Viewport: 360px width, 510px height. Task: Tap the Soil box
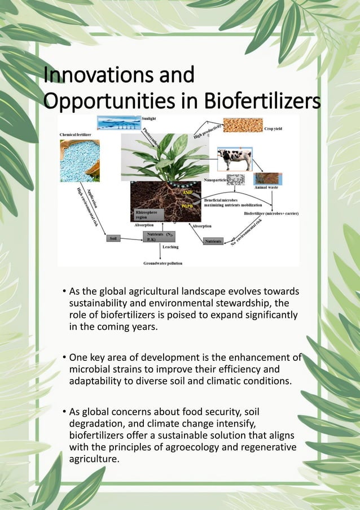(x=113, y=239)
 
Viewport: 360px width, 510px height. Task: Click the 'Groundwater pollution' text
(x=163, y=263)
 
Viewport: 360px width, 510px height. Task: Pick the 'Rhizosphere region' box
(x=147, y=214)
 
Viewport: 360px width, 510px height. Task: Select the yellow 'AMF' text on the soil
(x=188, y=193)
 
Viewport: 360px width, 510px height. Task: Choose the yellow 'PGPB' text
(x=188, y=207)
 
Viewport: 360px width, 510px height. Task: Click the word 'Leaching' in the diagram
(x=170, y=247)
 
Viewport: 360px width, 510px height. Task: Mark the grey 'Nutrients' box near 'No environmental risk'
(x=213, y=241)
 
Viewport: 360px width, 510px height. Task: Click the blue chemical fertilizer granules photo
(x=80, y=160)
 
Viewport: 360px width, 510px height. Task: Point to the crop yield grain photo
(x=243, y=125)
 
